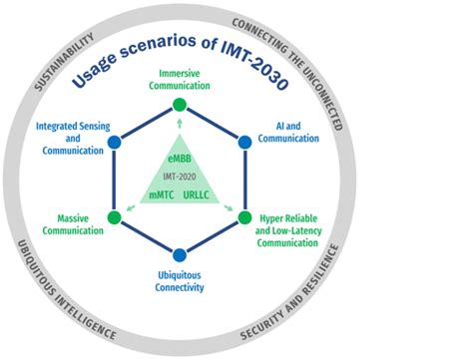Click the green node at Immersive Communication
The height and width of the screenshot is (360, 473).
(179, 105)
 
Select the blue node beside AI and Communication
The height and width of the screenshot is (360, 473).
(245, 142)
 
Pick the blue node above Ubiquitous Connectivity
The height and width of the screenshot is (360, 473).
(179, 254)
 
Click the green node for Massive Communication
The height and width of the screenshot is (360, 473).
(114, 216)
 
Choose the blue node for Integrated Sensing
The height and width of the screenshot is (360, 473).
(114, 142)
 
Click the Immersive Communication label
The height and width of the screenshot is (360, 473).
(179, 81)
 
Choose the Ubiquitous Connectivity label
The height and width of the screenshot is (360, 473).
(180, 280)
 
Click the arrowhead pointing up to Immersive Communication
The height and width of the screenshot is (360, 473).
(179, 121)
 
